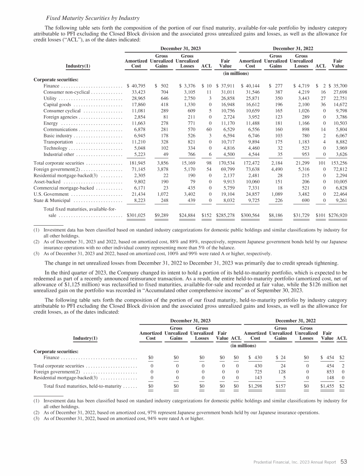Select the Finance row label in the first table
pyautogui.click(x=51, y=86)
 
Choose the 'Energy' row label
pyautogui.click(x=50, y=123)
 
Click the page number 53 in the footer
pyautogui.click(x=344, y=461)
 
